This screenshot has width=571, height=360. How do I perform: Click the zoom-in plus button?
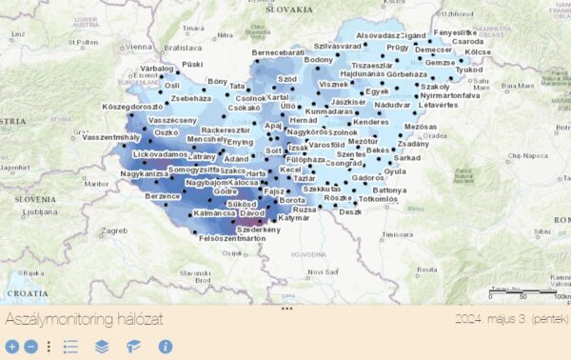11,348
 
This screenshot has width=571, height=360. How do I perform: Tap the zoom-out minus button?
30,348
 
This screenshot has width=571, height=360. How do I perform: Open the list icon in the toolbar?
70,348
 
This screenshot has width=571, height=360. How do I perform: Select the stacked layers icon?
102,348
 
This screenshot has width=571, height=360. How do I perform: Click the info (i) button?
165,348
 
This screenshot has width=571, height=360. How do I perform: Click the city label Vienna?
138,46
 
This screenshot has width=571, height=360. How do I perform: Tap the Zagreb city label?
114,230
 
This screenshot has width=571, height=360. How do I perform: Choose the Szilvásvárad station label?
338,46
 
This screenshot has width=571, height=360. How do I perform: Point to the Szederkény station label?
259,230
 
